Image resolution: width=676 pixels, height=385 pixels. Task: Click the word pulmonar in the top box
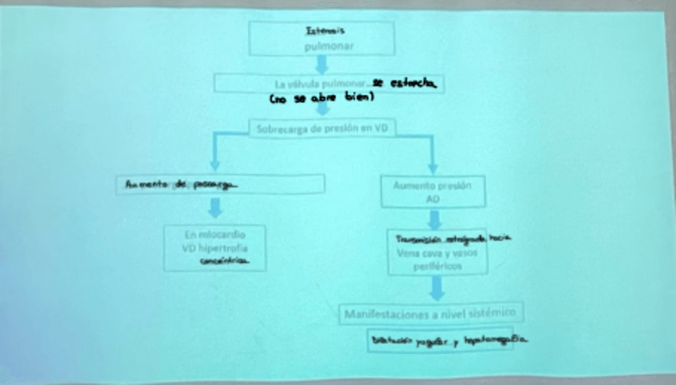click(322, 47)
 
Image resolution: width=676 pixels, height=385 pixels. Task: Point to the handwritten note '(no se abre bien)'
click(322, 98)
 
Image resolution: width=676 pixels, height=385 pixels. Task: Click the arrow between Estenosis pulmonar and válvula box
click(322, 64)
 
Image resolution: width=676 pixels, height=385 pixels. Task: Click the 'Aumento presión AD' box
click(433, 192)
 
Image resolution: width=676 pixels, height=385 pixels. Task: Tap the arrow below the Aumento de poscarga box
click(214, 208)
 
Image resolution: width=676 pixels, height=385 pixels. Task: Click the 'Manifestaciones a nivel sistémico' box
click(432, 312)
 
